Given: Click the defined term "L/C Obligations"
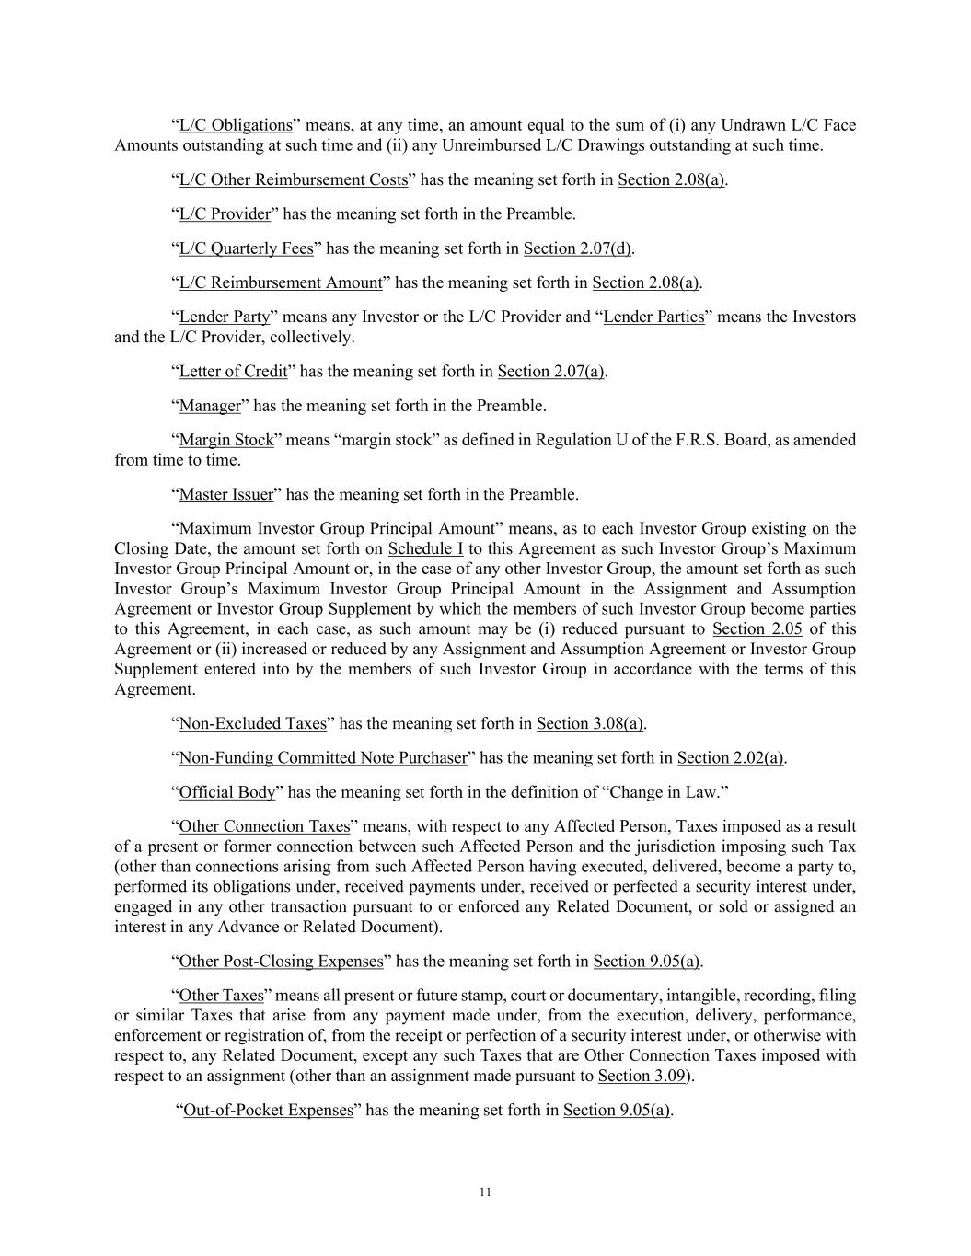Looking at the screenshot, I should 235,125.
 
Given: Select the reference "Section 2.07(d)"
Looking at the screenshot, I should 578,248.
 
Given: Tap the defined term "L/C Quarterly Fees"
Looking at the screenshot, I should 246,248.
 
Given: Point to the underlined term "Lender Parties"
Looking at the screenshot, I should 653,317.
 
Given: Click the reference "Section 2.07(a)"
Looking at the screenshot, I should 551,372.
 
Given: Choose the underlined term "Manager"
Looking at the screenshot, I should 210,406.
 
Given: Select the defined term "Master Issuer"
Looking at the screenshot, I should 226,495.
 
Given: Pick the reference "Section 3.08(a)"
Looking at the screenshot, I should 590,724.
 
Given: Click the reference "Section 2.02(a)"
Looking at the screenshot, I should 731,758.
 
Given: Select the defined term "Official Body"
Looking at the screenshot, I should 227,792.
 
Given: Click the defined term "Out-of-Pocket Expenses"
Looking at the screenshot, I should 269,1111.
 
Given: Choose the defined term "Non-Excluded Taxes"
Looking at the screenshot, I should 253,724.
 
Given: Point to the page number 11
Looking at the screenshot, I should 486,1193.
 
